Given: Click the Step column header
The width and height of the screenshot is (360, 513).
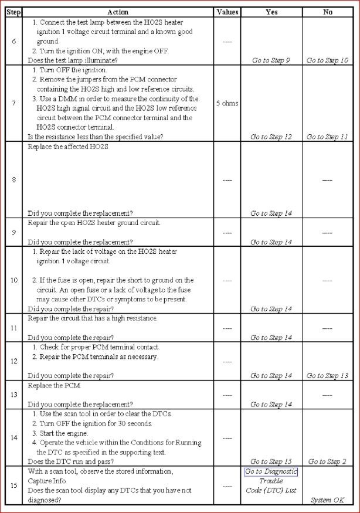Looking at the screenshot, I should tap(13, 12).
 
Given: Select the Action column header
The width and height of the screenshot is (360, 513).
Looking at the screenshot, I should tap(118, 12).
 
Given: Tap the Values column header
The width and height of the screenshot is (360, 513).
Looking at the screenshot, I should tap(227, 12).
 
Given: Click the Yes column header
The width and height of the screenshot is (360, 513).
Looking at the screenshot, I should tap(271, 12).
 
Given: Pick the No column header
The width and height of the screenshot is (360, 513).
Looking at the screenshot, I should tap(328, 12).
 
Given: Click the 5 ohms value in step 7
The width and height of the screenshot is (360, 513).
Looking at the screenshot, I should tap(227, 103).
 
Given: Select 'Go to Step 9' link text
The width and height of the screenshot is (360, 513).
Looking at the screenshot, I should tap(271, 60).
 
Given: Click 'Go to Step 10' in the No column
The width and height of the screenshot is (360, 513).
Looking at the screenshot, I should tap(328, 60).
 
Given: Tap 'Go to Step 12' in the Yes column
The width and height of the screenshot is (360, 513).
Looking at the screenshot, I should tap(271, 137).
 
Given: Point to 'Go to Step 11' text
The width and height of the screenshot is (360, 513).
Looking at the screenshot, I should tap(328, 137).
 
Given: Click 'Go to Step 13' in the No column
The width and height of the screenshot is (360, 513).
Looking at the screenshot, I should tap(328, 376).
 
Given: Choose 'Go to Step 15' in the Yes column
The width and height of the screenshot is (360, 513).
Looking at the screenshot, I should tap(271, 461).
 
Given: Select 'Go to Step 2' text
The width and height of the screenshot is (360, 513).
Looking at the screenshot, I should tap(328, 461).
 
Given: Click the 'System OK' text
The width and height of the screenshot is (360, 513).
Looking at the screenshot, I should tap(328, 500).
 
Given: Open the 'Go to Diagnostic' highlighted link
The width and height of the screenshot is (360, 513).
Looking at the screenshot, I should tap(271, 472).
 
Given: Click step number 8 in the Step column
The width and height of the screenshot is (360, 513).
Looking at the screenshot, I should tap(13, 179).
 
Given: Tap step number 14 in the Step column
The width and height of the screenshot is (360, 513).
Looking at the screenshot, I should tap(13, 437).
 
